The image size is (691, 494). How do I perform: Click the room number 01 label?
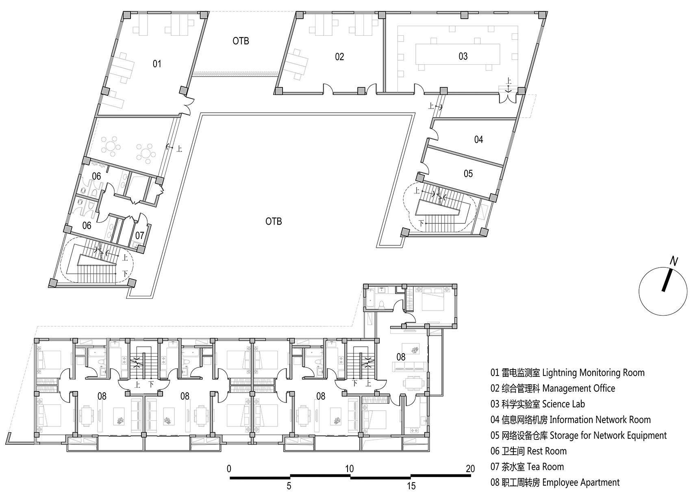157,64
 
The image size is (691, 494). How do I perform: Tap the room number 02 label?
339,57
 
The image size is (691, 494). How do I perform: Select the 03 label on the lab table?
463,56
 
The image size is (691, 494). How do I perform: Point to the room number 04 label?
478,140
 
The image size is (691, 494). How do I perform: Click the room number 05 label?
468,173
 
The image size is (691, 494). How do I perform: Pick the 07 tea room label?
140,236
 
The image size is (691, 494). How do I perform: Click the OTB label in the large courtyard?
274,221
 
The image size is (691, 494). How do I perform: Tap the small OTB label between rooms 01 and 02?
241,41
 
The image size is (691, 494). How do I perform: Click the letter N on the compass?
674,262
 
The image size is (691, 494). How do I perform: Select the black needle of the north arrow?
667,280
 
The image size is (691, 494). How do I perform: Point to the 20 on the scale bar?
470,469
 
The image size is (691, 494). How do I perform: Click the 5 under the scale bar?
289,486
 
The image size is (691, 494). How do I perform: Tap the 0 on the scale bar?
229,469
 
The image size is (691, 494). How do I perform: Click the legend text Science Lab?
563,404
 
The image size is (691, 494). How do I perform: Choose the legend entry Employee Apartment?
581,483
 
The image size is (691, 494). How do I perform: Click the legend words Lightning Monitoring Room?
593,373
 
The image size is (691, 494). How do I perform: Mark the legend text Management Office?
579,389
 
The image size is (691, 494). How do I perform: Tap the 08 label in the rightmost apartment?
401,357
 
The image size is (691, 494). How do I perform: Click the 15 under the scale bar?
411,486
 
